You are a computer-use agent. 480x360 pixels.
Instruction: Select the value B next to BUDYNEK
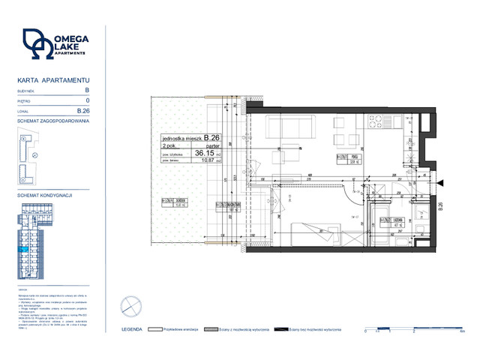pyautogui.click(x=87, y=89)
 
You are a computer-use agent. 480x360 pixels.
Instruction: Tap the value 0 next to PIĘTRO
pyautogui.click(x=88, y=100)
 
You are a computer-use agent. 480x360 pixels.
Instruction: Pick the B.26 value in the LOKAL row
pyautogui.click(x=85, y=111)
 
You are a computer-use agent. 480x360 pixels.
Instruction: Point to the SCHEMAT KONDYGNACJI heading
pyautogui.click(x=44, y=195)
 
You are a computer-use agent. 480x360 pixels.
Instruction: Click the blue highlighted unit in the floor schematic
pyautogui.click(x=26, y=249)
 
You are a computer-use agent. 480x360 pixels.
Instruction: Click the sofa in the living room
pyautogui.click(x=282, y=132)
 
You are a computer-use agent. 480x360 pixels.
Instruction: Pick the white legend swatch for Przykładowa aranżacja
pyautogui.click(x=155, y=329)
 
